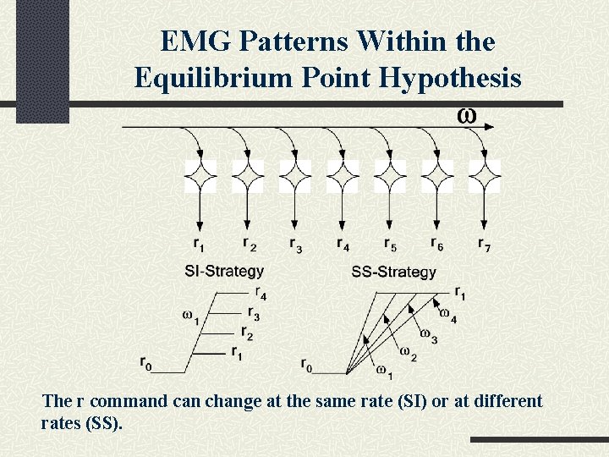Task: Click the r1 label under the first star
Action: pyautogui.click(x=200, y=245)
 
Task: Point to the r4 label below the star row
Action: pyautogui.click(x=343, y=245)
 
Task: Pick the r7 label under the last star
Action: pyautogui.click(x=484, y=245)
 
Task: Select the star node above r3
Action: pyautogui.click(x=295, y=177)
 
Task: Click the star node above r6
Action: pyautogui.click(x=437, y=177)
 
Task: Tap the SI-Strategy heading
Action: pyautogui.click(x=224, y=272)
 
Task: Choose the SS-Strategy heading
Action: pyautogui.click(x=393, y=273)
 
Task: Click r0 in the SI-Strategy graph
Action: pyautogui.click(x=147, y=364)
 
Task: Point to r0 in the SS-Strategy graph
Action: pyautogui.click(x=306, y=365)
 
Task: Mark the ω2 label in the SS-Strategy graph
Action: pyautogui.click(x=407, y=353)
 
